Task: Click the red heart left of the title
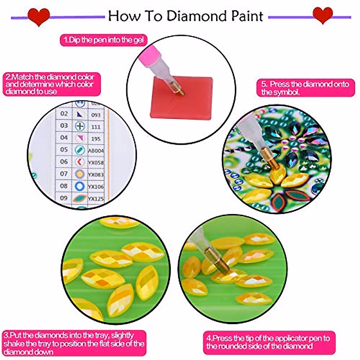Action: (38, 16)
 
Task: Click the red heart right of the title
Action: (322, 15)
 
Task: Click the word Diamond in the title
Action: (194, 16)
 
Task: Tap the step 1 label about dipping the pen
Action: (103, 40)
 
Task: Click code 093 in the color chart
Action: (96, 115)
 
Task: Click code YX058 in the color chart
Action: (96, 163)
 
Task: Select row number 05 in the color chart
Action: (64, 149)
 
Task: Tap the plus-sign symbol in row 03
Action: (80, 126)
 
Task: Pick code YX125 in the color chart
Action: (96, 199)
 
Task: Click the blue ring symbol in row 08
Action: (79, 186)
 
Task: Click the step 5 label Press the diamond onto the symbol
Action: (305, 88)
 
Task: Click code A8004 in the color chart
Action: (96, 151)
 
